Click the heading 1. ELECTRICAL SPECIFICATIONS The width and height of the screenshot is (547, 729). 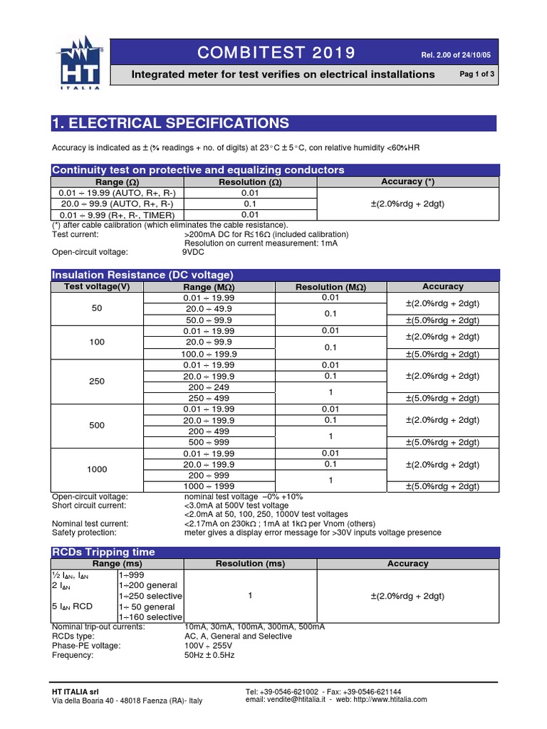171,123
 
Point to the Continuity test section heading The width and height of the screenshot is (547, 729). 198,169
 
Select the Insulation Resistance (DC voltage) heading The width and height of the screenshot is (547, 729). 142,275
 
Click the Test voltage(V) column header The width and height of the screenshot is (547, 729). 97,286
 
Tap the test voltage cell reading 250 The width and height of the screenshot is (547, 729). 97,381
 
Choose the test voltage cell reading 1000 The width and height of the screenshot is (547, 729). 97,469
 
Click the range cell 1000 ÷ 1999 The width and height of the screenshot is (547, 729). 209,486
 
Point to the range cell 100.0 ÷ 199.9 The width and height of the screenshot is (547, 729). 209,354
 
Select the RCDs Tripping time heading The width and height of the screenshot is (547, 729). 103,552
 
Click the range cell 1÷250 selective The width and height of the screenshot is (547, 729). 150,595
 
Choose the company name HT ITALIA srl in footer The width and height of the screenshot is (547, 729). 75,691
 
